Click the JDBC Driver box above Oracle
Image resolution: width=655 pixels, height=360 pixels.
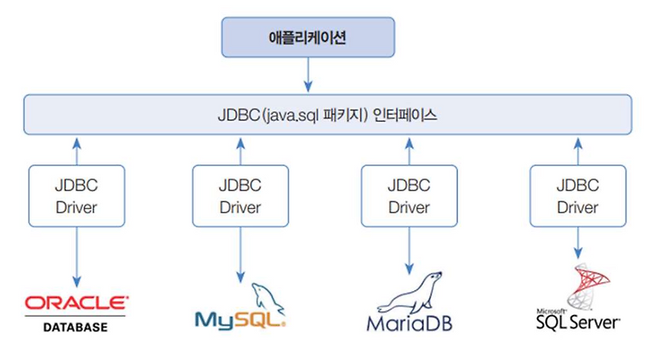coord(76,196)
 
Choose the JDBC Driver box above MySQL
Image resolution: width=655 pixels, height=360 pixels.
coord(240,196)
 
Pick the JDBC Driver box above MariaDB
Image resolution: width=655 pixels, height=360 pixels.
coord(409,196)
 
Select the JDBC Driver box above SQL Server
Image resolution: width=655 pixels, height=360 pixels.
coord(577,196)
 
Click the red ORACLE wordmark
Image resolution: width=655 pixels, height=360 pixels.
coord(76,303)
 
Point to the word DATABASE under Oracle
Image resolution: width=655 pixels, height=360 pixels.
coord(76,327)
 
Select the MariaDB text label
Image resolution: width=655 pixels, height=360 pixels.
coord(409,321)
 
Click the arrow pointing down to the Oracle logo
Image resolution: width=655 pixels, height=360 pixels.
coord(76,257)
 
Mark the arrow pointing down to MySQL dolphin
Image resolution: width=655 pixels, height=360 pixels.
coord(240,254)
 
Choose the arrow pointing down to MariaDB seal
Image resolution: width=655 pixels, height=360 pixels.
coord(409,250)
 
